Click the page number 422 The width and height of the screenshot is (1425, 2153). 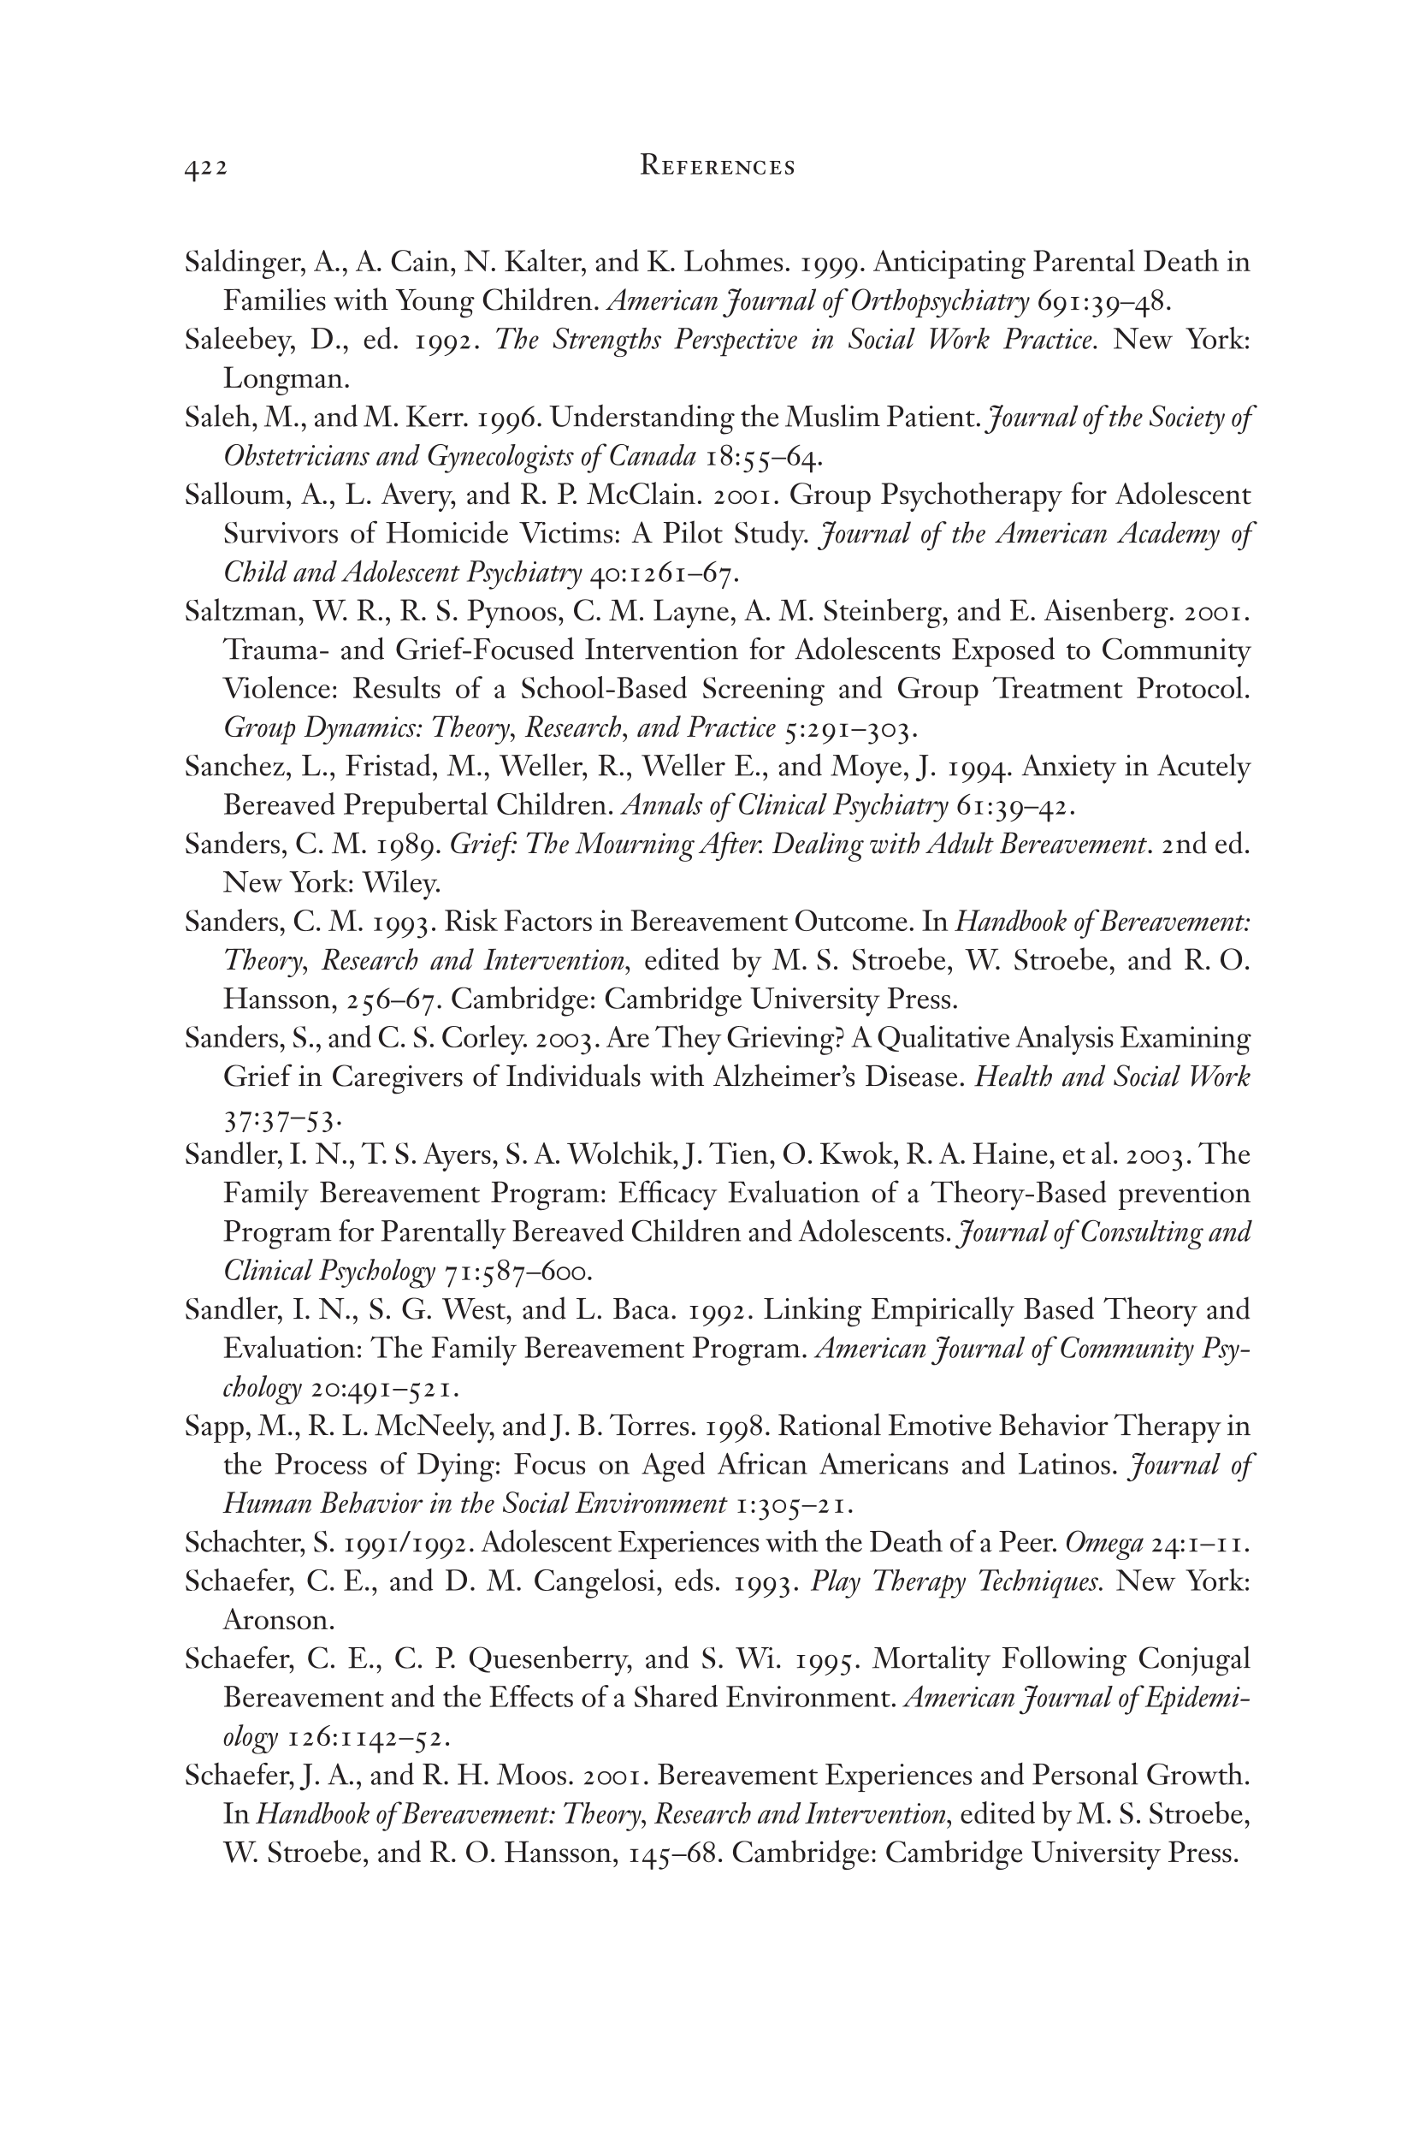[205, 169]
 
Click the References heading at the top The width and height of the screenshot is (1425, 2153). [717, 166]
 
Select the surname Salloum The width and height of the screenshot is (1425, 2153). [234, 495]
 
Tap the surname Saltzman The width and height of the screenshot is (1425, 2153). [238, 612]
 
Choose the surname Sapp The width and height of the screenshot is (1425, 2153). [216, 1427]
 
